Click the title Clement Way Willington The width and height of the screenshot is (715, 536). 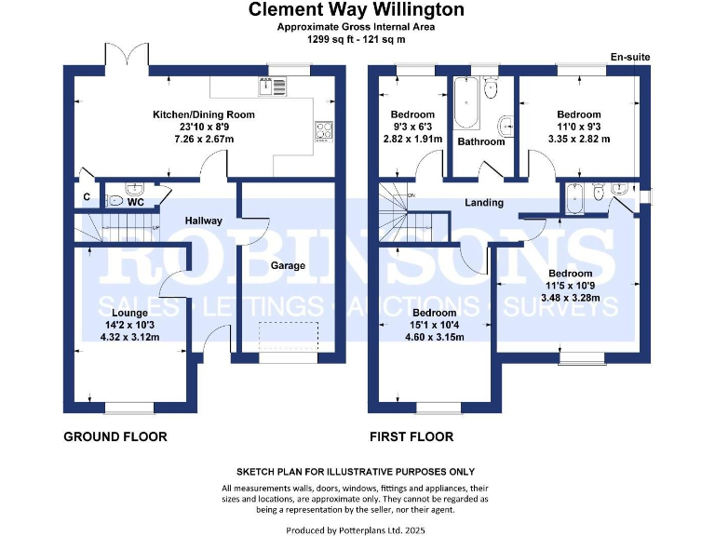tap(357, 10)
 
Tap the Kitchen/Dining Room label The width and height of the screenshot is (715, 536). tap(204, 114)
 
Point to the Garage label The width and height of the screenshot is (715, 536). tap(288, 266)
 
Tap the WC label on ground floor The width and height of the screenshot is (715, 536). tap(135, 201)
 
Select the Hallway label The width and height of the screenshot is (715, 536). tap(203, 221)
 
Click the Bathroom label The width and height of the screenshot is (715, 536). tap(481, 141)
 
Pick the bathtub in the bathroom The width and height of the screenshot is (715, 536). tap(465, 104)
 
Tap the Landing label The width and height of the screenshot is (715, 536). tap(484, 202)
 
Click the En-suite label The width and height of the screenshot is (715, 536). tap(629, 58)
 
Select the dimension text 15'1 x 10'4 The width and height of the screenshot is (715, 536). tap(435, 325)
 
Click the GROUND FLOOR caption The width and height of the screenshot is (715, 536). tap(115, 436)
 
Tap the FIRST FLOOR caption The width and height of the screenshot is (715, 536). tap(411, 436)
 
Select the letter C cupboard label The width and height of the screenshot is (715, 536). tap(86, 197)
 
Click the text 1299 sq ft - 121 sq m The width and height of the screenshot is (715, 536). tap(357, 39)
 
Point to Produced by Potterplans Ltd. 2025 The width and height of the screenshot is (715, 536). tap(357, 529)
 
